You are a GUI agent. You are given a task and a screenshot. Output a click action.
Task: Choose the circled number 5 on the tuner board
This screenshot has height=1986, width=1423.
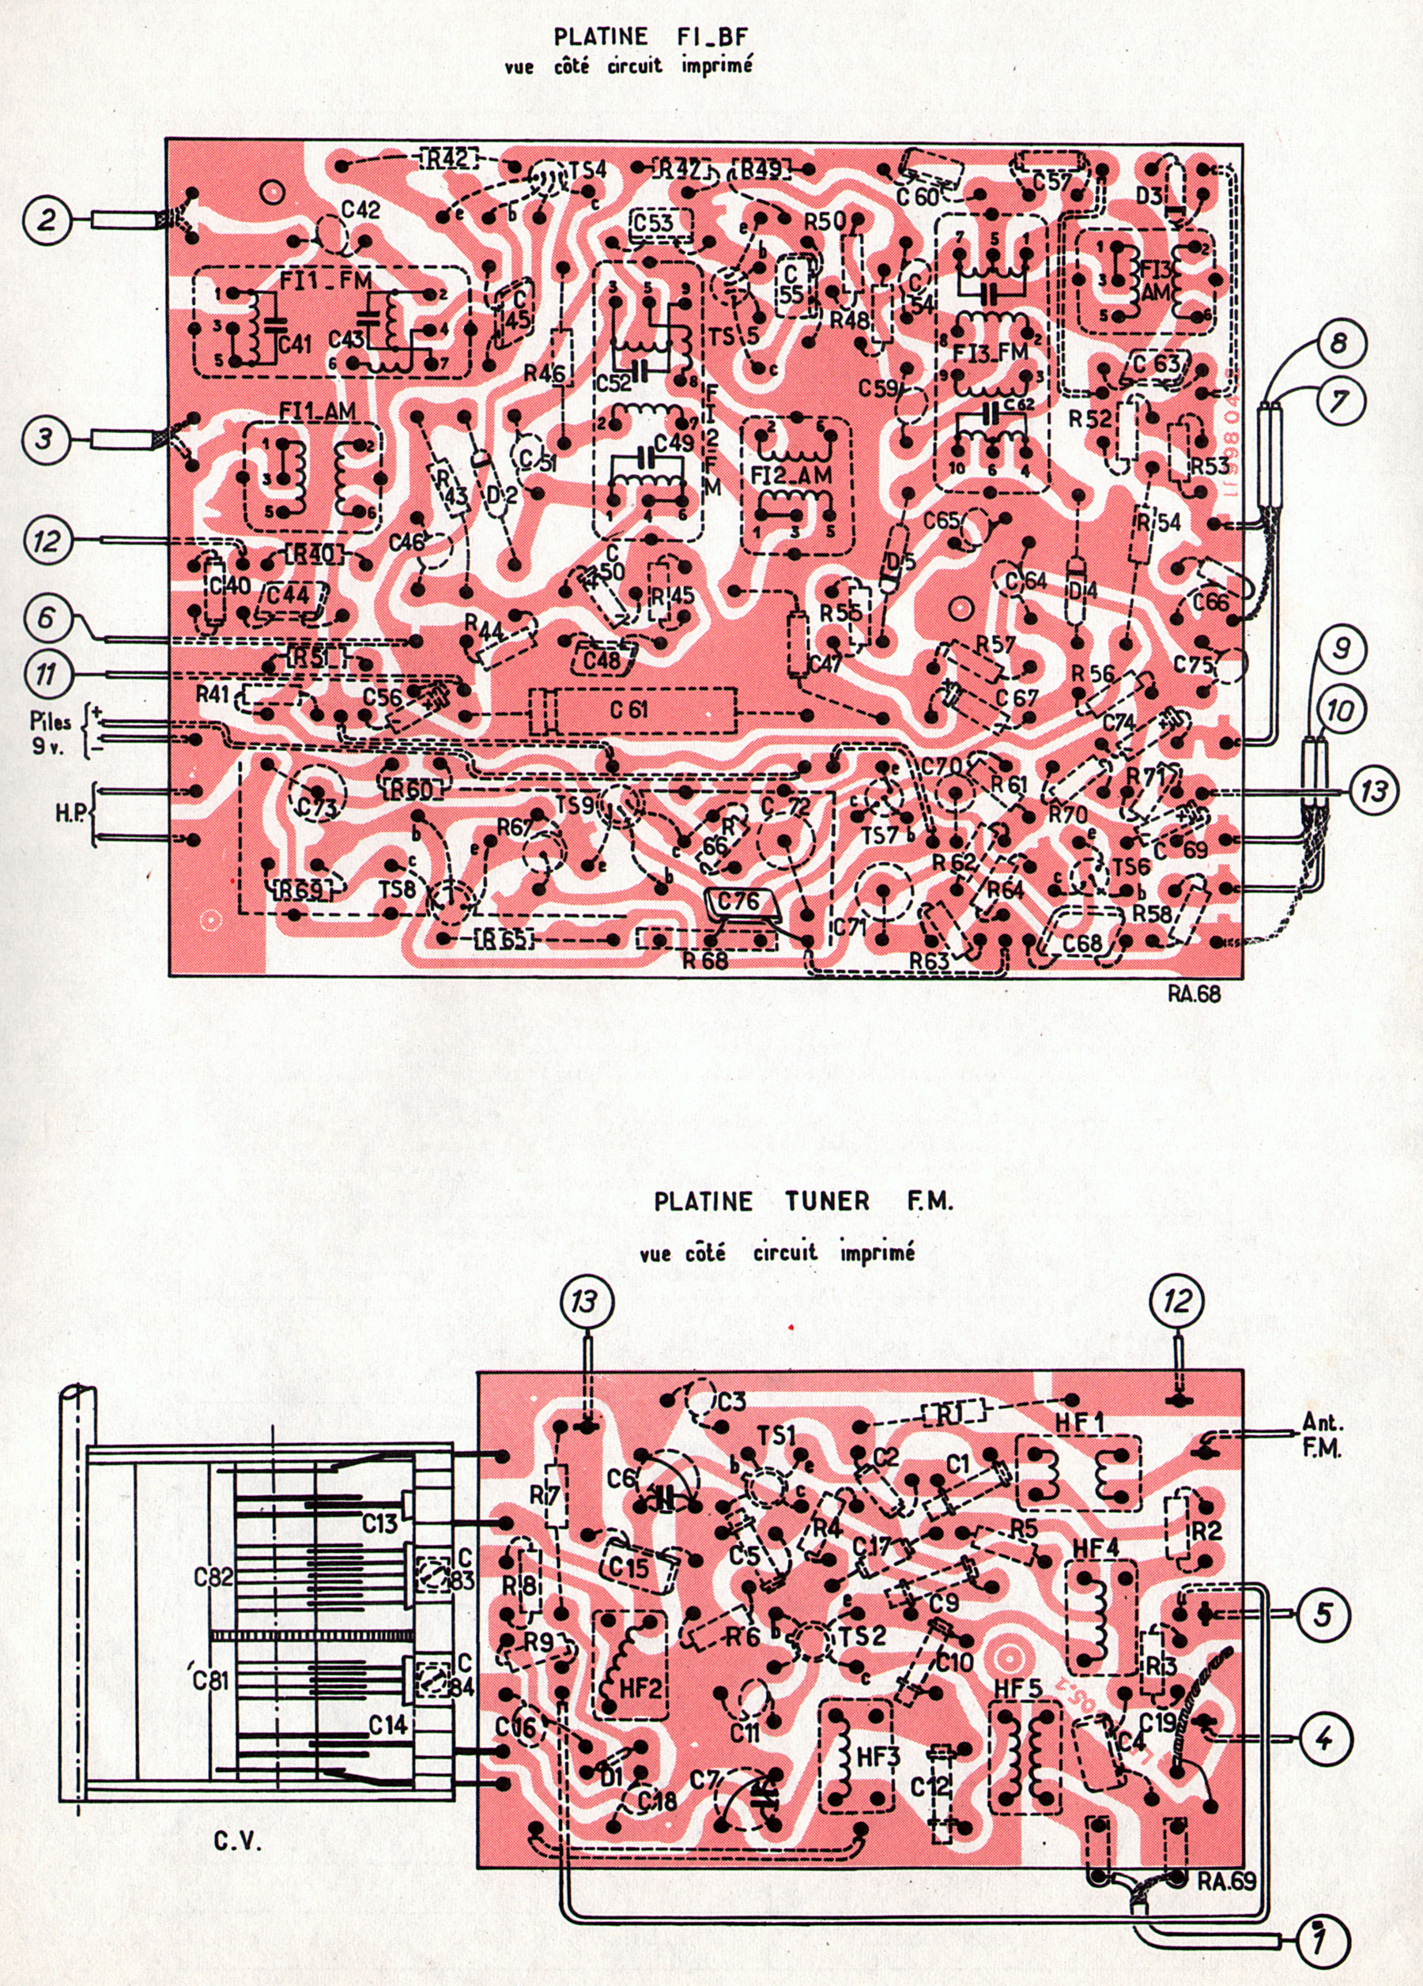pyautogui.click(x=1323, y=1611)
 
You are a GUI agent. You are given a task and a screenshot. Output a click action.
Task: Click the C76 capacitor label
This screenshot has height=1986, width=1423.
pyautogui.click(x=741, y=901)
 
